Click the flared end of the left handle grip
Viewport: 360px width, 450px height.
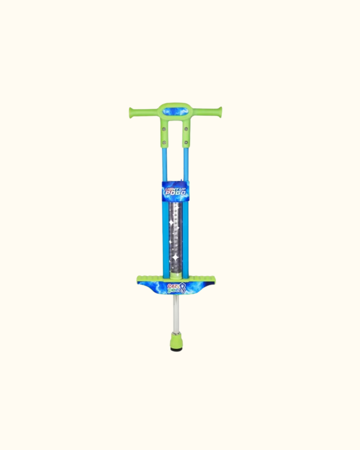tap(131, 113)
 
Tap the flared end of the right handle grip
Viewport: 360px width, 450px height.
tap(220, 112)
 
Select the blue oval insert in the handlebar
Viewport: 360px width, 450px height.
tap(176, 111)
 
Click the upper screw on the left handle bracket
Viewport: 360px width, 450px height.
tap(164, 129)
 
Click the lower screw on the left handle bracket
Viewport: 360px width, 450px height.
tap(164, 143)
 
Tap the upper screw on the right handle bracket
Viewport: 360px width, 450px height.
tap(186, 129)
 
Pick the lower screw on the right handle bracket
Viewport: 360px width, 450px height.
tap(186, 143)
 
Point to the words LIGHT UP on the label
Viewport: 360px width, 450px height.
tap(175, 189)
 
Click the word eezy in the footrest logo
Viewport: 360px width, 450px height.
tap(173, 286)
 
